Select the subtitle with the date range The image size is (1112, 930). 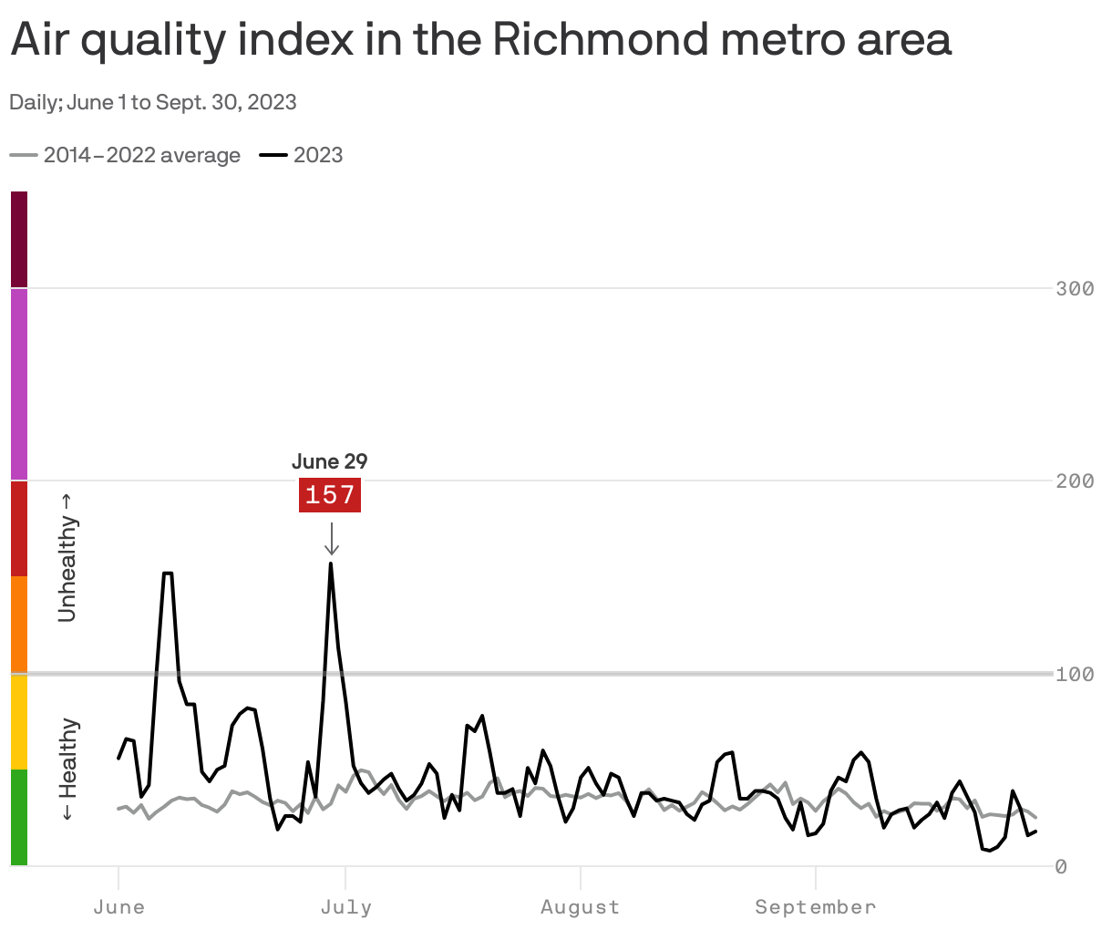tap(153, 102)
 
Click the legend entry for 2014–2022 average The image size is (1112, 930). tap(126, 155)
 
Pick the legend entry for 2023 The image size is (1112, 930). tap(302, 155)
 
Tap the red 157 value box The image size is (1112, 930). tap(330, 495)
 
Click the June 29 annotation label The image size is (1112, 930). tap(330, 461)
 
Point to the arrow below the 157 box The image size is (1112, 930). tap(332, 538)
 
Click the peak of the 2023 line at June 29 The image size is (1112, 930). tap(331, 563)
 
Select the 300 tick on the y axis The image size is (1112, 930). tap(1075, 289)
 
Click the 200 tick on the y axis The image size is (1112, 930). tap(1075, 480)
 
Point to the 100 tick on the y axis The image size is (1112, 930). tap(1075, 674)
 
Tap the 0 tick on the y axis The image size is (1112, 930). tap(1061, 866)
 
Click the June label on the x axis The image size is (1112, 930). tap(118, 907)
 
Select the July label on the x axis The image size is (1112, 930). tap(346, 907)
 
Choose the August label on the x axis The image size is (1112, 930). tap(580, 907)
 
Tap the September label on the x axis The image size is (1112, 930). tap(815, 907)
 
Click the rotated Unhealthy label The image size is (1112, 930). tap(68, 557)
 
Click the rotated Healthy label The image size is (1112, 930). tap(68, 770)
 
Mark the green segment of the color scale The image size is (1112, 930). tap(19, 817)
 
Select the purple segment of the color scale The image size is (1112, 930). tap(19, 384)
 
